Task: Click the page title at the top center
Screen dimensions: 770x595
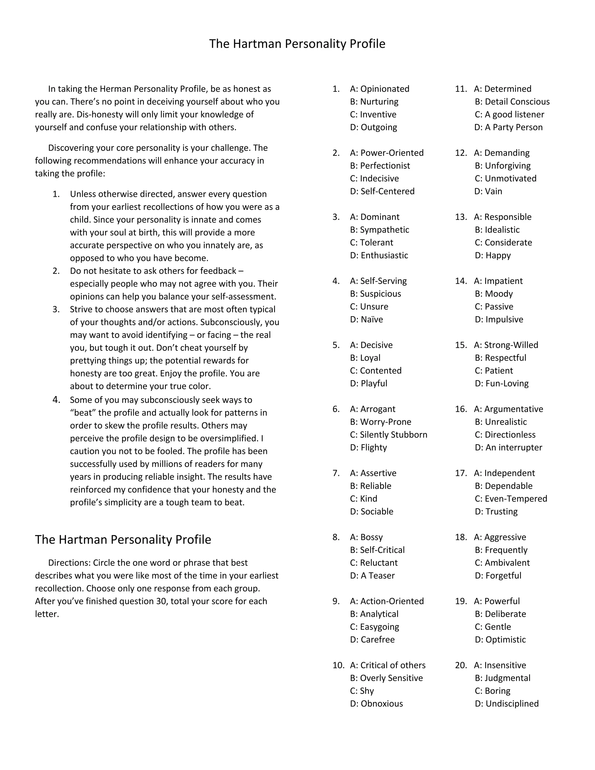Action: click(x=297, y=44)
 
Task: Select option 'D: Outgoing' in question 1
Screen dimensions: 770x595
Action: click(x=373, y=127)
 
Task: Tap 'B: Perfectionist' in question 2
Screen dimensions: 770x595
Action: click(x=380, y=166)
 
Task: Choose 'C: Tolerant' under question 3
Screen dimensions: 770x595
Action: click(x=372, y=243)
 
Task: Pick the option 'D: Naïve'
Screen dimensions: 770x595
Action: click(x=366, y=319)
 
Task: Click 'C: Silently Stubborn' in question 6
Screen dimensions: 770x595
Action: click(x=388, y=435)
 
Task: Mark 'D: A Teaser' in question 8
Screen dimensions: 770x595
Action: click(x=372, y=575)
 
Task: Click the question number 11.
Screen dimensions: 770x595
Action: click(x=461, y=89)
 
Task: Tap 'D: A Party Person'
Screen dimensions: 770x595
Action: click(x=508, y=127)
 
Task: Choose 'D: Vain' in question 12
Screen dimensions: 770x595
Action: click(x=488, y=191)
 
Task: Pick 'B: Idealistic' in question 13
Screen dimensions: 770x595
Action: click(x=497, y=230)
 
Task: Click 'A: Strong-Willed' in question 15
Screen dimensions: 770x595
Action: click(x=506, y=345)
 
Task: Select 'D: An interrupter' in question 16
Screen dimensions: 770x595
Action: click(x=508, y=447)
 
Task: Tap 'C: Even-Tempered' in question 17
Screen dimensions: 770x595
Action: click(x=511, y=499)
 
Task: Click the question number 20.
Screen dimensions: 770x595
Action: click(x=461, y=665)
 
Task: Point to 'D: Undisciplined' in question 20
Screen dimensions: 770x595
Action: click(x=506, y=704)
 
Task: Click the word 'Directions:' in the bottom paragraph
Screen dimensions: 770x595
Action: click(x=69, y=563)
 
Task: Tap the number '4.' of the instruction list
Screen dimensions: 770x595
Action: click(x=56, y=400)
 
